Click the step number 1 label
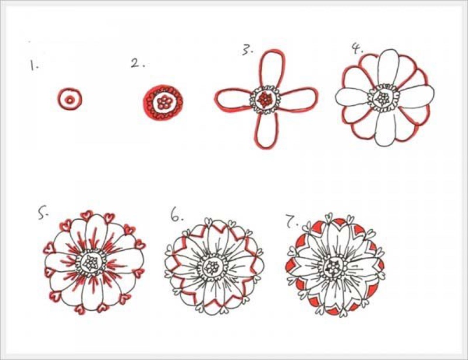click(x=34, y=65)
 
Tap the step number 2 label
click(x=138, y=63)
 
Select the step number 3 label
click(x=247, y=50)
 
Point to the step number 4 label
click(x=357, y=49)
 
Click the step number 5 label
click(x=43, y=214)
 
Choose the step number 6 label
click(x=177, y=216)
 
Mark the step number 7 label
click(x=292, y=221)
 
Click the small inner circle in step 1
click(x=70, y=100)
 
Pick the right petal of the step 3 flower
click(x=298, y=98)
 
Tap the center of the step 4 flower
click(x=383, y=98)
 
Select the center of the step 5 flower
click(x=91, y=262)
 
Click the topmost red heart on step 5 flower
click(x=87, y=214)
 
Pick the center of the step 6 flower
click(x=212, y=267)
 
